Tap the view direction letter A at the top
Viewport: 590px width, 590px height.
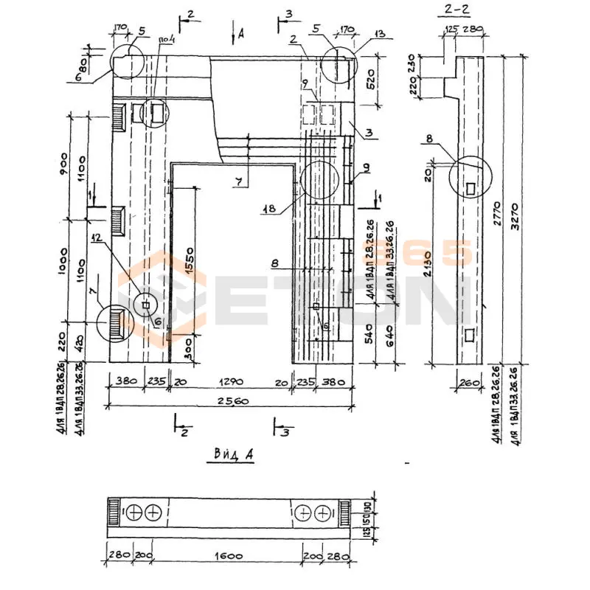[241, 33]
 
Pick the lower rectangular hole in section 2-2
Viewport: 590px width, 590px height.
[471, 336]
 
